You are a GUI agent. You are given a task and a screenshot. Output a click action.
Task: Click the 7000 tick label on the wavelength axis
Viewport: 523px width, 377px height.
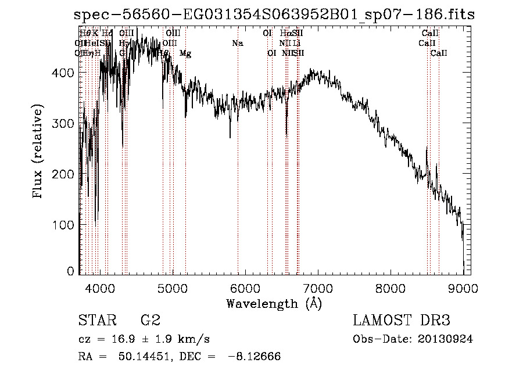[317, 288]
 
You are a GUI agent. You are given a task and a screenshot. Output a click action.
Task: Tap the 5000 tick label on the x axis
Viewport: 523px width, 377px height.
[172, 288]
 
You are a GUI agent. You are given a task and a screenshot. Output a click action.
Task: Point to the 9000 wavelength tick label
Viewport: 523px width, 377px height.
[463, 288]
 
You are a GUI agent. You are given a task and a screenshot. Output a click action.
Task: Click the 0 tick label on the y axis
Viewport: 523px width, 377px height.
[71, 271]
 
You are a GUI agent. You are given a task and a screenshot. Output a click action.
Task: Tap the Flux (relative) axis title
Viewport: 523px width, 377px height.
[38, 153]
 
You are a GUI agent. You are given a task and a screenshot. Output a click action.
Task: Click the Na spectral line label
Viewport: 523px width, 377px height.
[237, 44]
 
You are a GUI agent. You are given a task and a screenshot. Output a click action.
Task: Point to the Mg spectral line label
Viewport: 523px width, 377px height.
[185, 53]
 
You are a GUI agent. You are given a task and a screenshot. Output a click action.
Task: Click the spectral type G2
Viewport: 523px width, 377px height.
[151, 321]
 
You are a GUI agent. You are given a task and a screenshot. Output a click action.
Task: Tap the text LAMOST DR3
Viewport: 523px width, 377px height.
[402, 321]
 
